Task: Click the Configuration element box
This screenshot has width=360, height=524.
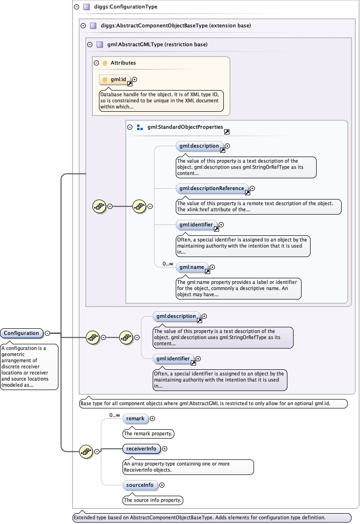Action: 22,333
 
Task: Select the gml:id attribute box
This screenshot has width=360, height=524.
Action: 115,80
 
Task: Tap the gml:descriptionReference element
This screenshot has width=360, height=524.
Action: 212,189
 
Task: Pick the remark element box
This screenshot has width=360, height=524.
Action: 135,418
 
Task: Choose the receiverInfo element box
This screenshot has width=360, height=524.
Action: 141,449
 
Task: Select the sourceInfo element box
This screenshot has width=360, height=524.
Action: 140,485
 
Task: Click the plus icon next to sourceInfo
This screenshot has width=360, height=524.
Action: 162,485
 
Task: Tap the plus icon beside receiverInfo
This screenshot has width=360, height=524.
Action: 164,449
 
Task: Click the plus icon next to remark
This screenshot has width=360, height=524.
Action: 152,418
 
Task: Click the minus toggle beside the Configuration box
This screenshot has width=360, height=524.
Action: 47,333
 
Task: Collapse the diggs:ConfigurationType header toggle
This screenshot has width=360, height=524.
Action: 77,7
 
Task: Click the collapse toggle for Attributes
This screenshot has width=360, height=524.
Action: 96,62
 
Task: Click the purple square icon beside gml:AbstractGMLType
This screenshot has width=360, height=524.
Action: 99,45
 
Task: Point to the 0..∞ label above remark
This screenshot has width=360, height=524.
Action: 115,415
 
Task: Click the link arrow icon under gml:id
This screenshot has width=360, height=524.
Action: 130,83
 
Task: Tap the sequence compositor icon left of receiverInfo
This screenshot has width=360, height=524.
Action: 86,451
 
